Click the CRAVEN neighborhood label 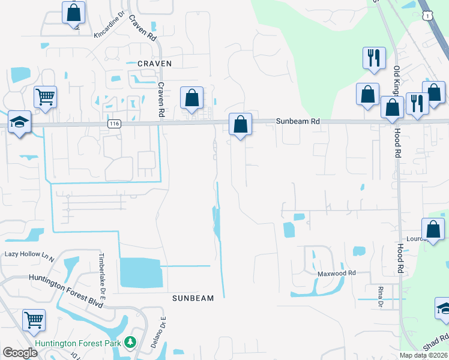point(155,63)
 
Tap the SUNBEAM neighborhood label point(193,298)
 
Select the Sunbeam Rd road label point(298,121)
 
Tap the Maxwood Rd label point(337,273)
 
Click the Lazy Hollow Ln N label point(29,254)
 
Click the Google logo point(20,353)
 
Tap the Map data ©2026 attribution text point(423,355)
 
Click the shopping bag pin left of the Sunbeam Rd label point(240,125)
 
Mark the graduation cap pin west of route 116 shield point(20,122)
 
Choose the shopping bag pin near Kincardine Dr point(74,13)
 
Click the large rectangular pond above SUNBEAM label point(140,273)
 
